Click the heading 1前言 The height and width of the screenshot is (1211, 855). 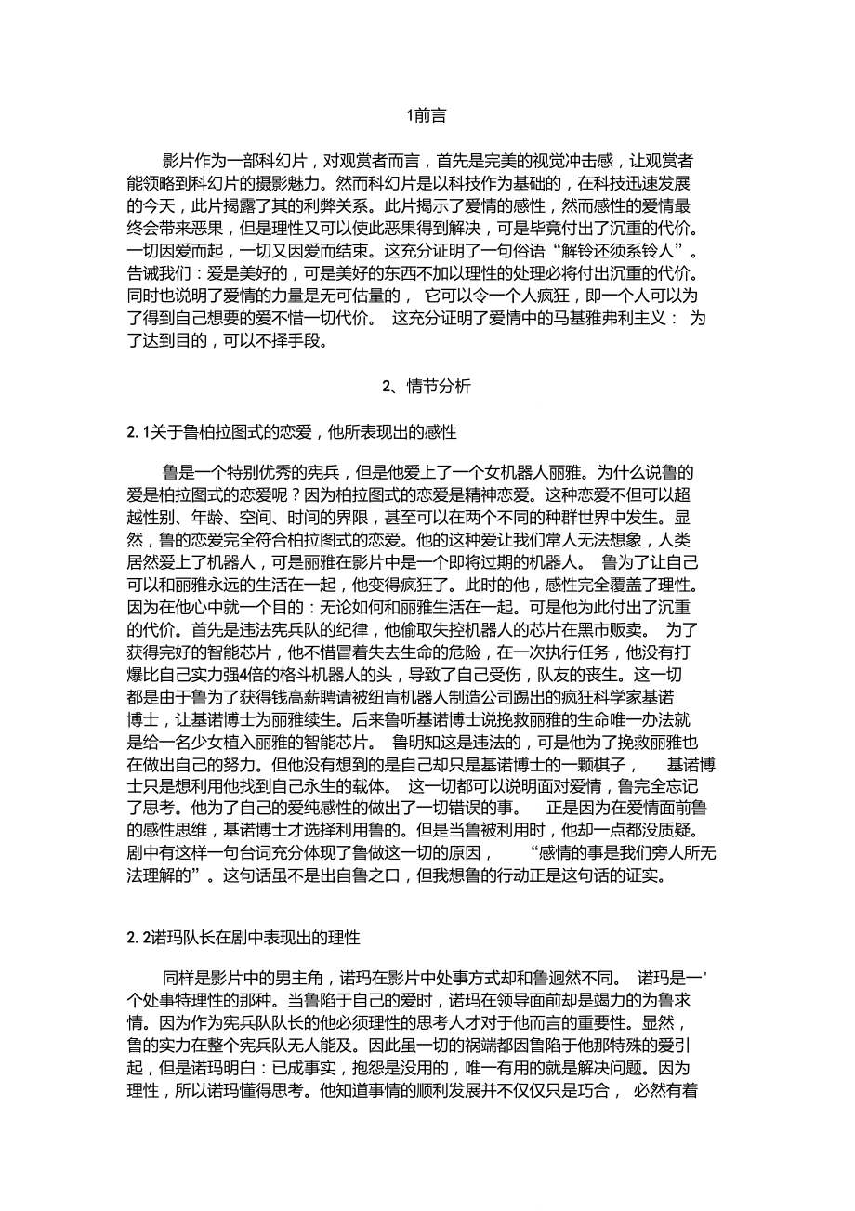[x=427, y=116]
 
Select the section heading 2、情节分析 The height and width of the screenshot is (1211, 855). [x=427, y=387]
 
